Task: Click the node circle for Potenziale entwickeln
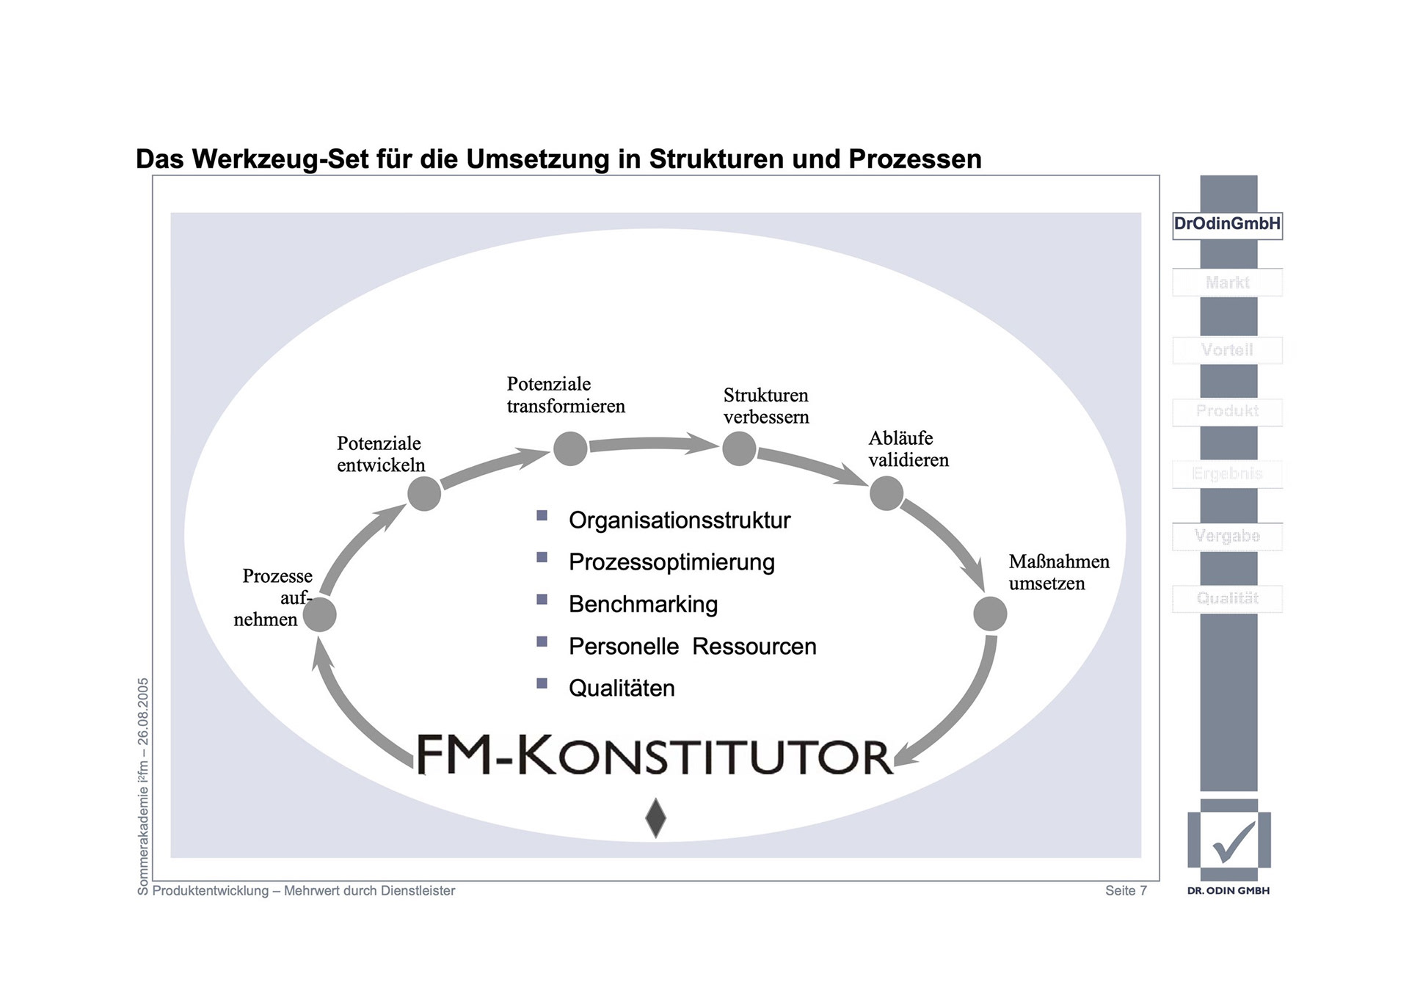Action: click(x=424, y=493)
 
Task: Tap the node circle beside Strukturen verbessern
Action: click(x=739, y=448)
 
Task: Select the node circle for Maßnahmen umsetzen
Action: click(x=990, y=614)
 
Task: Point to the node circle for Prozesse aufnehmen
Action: click(x=319, y=614)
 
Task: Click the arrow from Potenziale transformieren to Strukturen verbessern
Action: click(x=652, y=443)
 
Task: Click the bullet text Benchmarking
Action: click(x=643, y=604)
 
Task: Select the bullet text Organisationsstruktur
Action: click(x=679, y=520)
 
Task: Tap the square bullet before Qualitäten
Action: click(x=542, y=683)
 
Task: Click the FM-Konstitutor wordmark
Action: click(x=655, y=755)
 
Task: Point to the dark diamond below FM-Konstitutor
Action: click(x=655, y=818)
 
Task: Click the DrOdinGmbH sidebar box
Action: click(x=1227, y=224)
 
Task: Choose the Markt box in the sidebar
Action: click(x=1227, y=283)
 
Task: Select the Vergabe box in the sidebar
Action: click(x=1227, y=536)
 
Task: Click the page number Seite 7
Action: click(x=1126, y=890)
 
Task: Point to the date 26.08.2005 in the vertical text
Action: click(x=143, y=711)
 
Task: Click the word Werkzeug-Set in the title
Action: click(x=280, y=159)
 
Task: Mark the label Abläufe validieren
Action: click(x=908, y=449)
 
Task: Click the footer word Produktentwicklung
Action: click(x=211, y=890)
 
